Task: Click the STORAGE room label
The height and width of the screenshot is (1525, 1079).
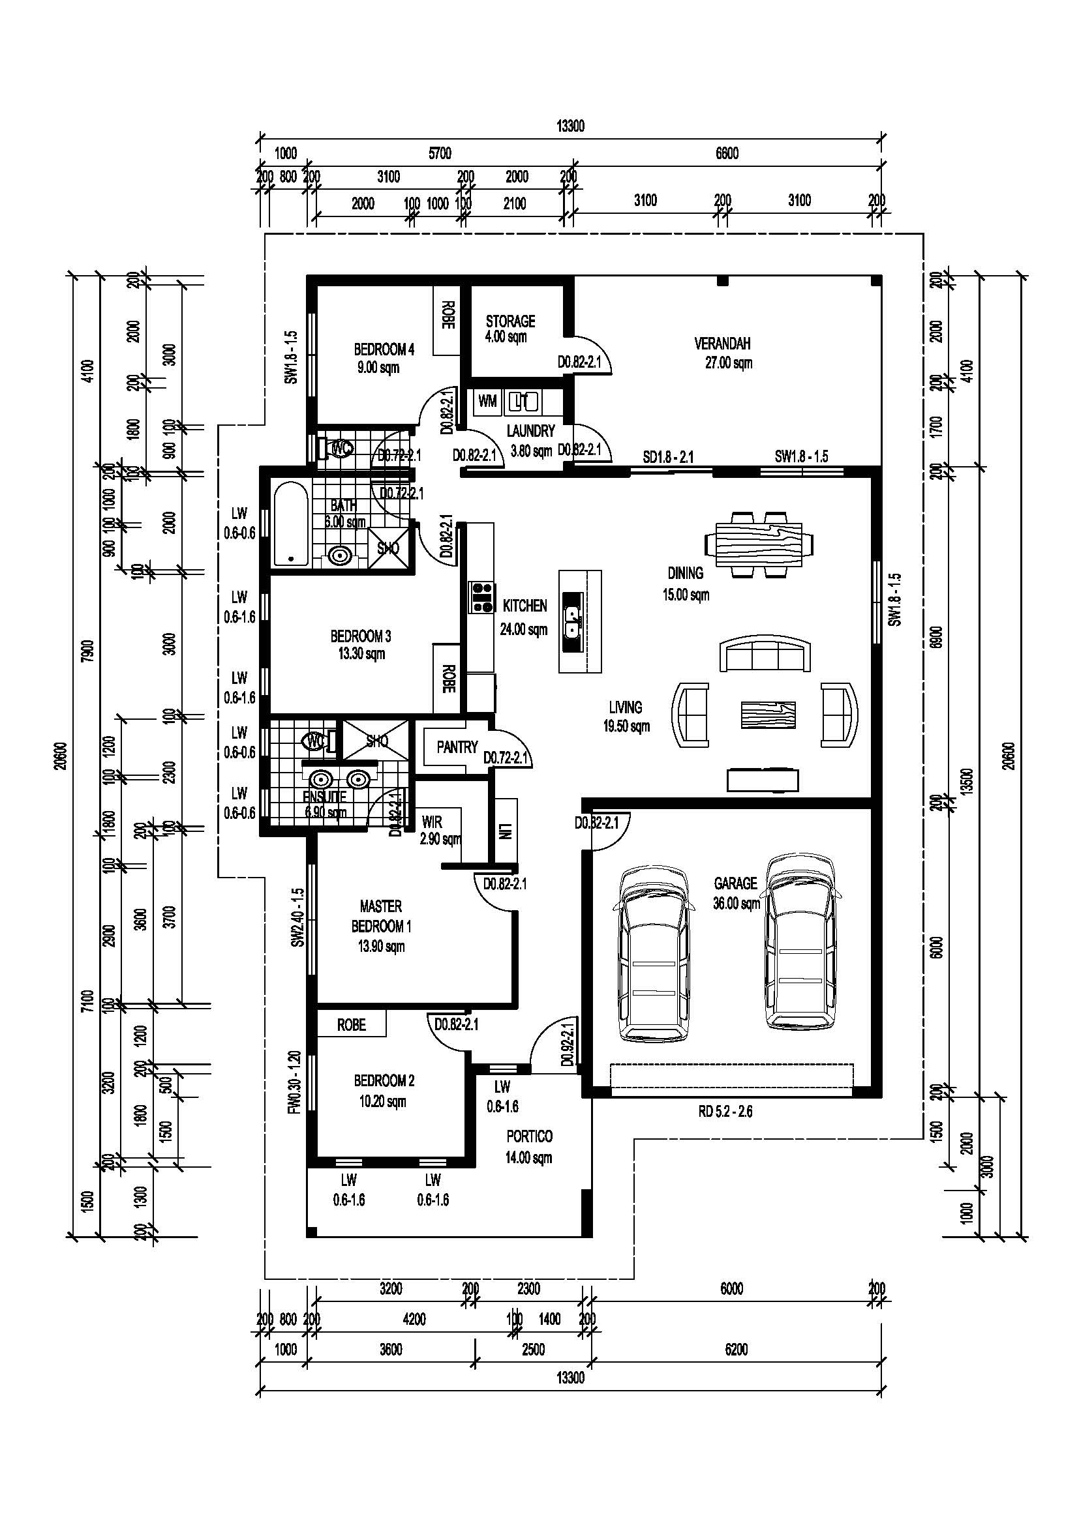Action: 509,321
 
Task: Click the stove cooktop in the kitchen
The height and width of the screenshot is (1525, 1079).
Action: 481,597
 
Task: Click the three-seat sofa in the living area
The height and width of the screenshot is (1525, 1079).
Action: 765,653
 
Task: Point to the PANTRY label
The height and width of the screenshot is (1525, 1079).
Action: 457,747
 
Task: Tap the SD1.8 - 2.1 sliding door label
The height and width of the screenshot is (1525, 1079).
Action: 668,457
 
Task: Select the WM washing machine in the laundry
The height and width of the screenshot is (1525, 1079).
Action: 487,401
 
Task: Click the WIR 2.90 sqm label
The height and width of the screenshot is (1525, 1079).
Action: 438,830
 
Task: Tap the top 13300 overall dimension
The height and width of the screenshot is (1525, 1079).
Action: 570,126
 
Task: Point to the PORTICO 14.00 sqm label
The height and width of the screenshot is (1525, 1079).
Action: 529,1146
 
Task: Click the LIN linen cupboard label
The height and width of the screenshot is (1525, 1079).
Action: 507,831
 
